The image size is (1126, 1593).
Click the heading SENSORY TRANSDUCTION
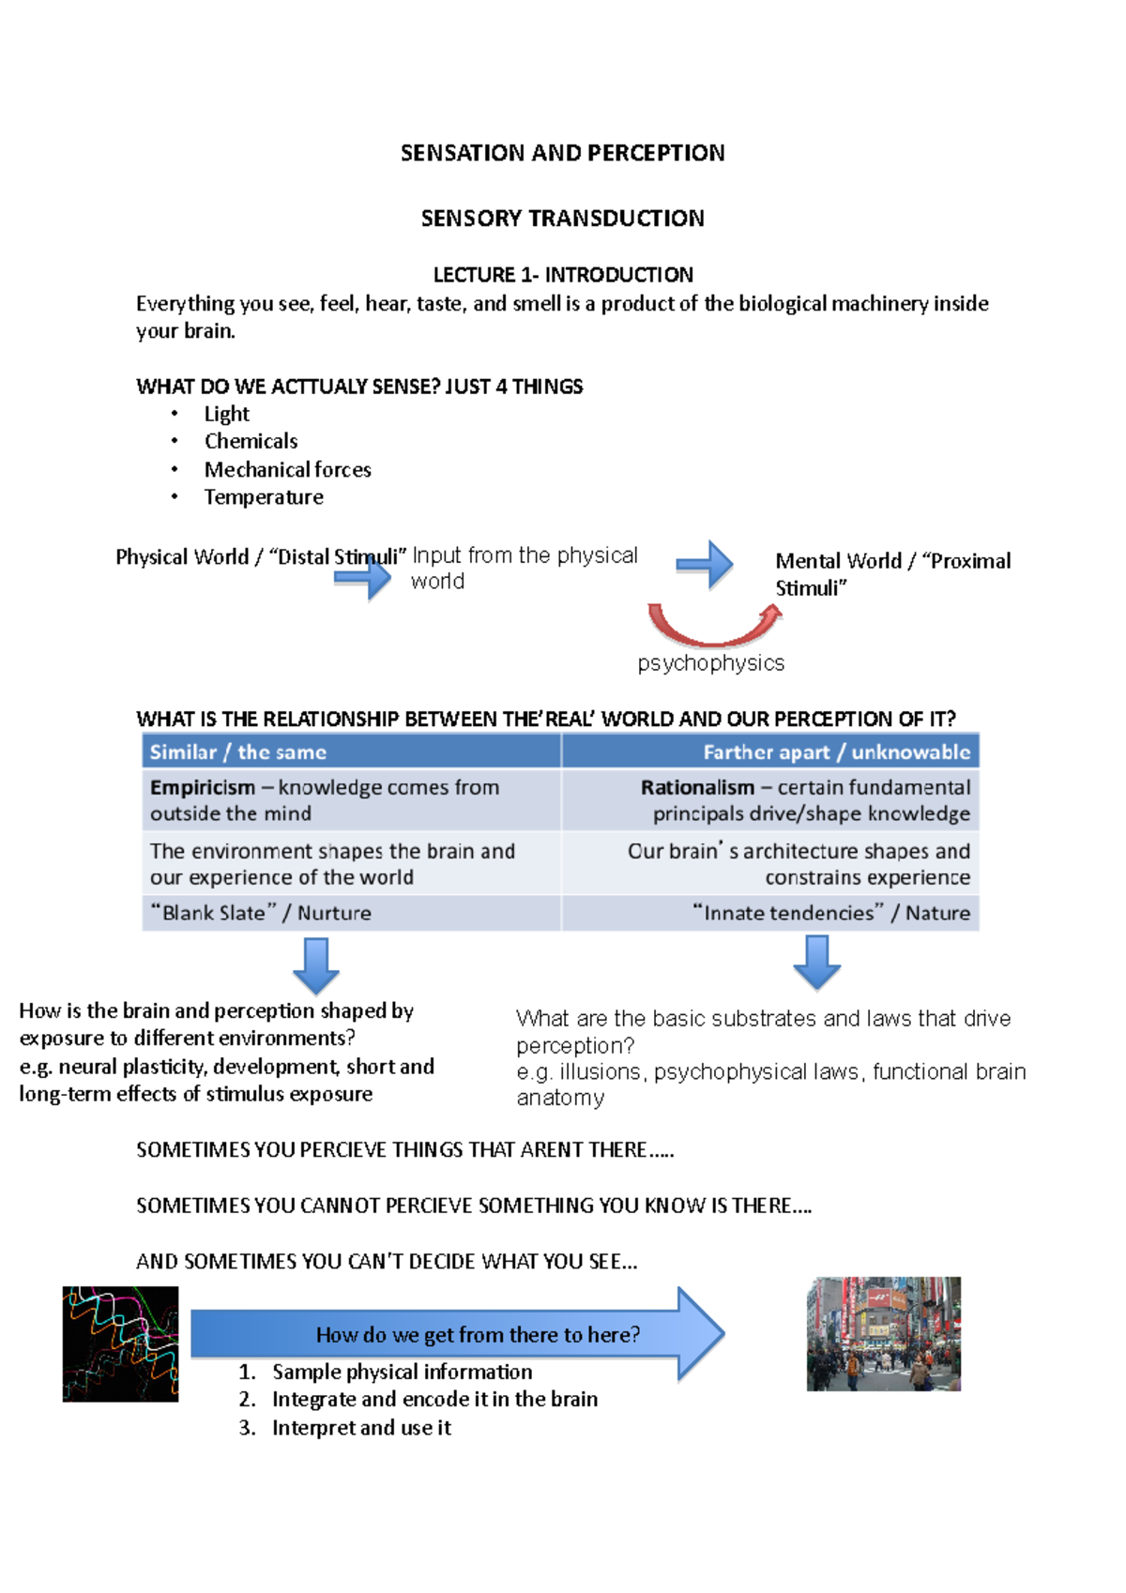pyautogui.click(x=562, y=219)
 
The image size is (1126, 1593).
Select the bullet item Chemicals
pyautogui.click(x=251, y=441)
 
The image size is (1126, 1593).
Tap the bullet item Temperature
pyautogui.click(x=264, y=497)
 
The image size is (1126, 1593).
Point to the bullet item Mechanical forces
pyautogui.click(x=287, y=469)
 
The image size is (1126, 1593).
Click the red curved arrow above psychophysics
pyautogui.click(x=713, y=630)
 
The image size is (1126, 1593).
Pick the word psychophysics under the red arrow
pyautogui.click(x=710, y=663)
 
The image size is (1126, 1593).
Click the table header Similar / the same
pyautogui.click(x=238, y=752)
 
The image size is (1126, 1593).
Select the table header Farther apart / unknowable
pyautogui.click(x=836, y=752)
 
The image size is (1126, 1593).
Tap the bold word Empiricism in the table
pyautogui.click(x=202, y=788)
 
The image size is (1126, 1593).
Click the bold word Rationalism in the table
pyautogui.click(x=697, y=788)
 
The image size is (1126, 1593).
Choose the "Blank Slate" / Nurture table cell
pyautogui.click(x=261, y=913)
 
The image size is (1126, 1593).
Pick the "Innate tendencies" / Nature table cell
pyautogui.click(x=831, y=913)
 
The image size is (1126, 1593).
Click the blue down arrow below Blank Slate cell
pyautogui.click(x=316, y=965)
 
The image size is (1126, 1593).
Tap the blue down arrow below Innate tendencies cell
pyautogui.click(x=816, y=963)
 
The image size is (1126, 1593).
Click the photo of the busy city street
pyautogui.click(x=883, y=1333)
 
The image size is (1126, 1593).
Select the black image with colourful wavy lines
pyautogui.click(x=120, y=1343)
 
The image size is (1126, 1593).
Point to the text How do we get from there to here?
pyautogui.click(x=478, y=1335)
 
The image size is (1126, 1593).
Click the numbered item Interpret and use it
pyautogui.click(x=361, y=1428)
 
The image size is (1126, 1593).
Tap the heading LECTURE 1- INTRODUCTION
pyautogui.click(x=563, y=275)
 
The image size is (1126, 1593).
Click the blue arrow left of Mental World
pyautogui.click(x=706, y=565)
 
